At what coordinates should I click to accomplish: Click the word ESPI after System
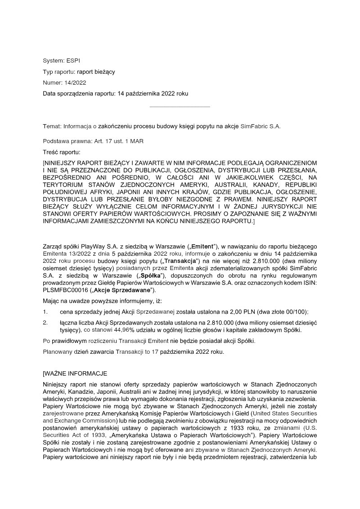pyautogui.click(x=73, y=61)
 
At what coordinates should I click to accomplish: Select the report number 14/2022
pyautogui.click(x=76, y=83)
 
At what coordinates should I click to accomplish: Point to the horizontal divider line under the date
pyautogui.click(x=180, y=107)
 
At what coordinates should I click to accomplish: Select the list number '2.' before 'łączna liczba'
pyautogui.click(x=45, y=323)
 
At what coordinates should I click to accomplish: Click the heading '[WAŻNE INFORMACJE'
pyautogui.click(x=75, y=374)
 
